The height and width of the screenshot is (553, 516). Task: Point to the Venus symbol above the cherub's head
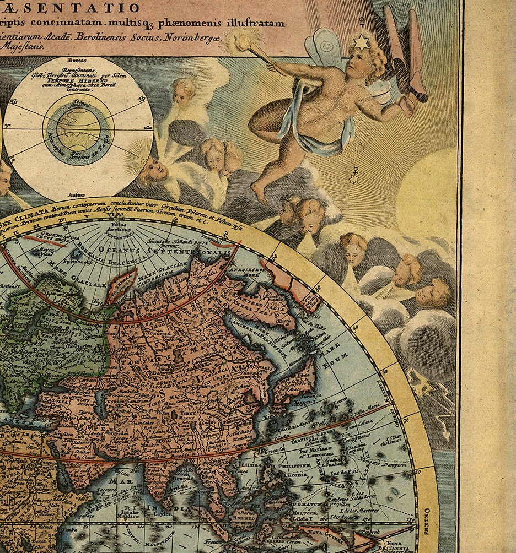[362, 21]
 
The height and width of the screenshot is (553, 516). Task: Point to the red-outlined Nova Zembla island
[122, 282]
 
